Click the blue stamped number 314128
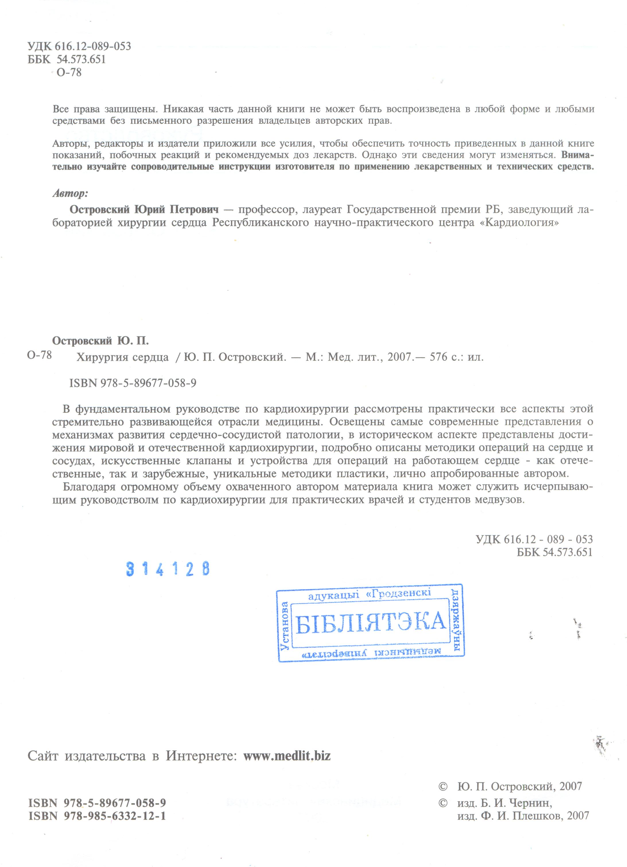tap(168, 569)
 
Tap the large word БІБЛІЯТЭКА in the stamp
tap(370, 622)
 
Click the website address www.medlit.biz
tap(287, 756)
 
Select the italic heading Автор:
tap(70, 193)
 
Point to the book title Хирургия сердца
tap(122, 357)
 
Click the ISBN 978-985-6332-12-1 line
tap(97, 816)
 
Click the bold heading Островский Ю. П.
tap(100, 341)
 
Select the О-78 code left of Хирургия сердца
tap(39, 355)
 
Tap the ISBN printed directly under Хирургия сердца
tap(133, 383)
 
